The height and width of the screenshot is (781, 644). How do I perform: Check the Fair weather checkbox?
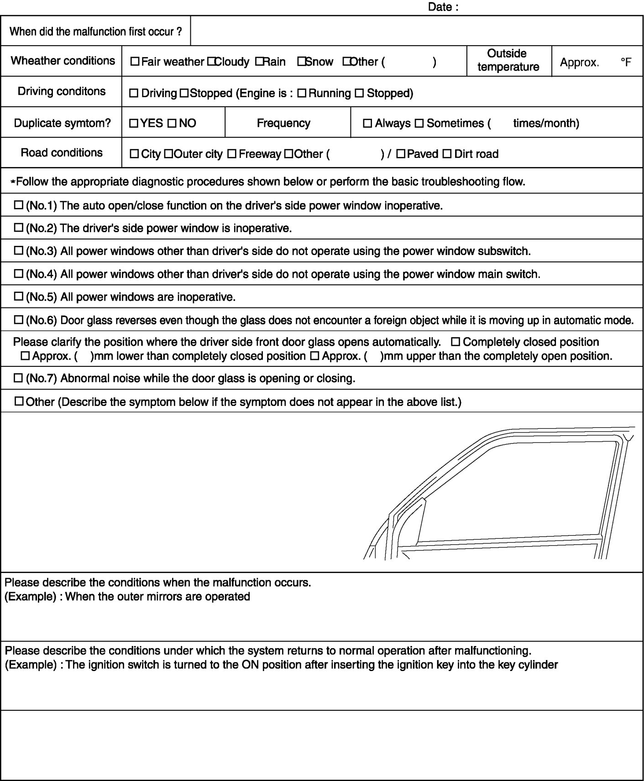[135, 61]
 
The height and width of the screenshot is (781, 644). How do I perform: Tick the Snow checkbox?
[301, 61]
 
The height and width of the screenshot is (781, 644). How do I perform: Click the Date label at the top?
[443, 7]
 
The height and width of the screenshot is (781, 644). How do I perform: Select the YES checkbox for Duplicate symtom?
[134, 123]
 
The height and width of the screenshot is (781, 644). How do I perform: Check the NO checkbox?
[172, 123]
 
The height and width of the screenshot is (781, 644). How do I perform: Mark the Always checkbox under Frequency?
[367, 123]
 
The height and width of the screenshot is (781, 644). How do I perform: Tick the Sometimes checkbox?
[419, 123]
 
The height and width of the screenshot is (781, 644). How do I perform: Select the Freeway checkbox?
[231, 154]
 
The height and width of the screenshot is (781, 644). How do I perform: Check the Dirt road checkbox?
[447, 154]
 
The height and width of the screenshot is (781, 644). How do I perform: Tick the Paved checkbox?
[401, 154]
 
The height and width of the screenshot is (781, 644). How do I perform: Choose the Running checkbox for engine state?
[302, 94]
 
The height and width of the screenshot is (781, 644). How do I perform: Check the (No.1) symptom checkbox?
[19, 205]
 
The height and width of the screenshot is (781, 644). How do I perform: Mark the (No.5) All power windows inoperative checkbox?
[19, 297]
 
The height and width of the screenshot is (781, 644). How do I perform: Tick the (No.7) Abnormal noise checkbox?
[19, 378]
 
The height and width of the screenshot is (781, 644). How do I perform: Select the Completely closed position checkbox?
[456, 342]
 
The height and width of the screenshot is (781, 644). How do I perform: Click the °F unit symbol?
[626, 62]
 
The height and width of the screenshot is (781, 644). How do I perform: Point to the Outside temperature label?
[508, 60]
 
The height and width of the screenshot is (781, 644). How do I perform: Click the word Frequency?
[283, 123]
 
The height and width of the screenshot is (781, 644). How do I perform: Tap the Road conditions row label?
[62, 152]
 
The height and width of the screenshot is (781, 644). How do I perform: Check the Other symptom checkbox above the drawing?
[19, 401]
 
